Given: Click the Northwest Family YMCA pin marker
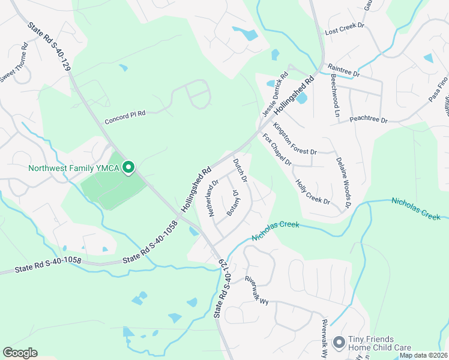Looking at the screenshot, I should [128, 168].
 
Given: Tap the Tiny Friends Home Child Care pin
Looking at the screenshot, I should [339, 342].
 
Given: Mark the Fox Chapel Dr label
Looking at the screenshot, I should [277, 150].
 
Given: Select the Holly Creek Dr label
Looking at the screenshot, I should [312, 191].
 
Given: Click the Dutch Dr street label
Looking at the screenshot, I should [240, 170].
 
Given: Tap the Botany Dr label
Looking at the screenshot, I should [233, 203].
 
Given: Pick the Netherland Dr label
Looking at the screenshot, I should [212, 197].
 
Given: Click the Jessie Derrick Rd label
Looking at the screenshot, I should [276, 95].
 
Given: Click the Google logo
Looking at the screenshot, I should [20, 353].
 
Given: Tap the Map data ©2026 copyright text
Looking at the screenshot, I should [423, 355].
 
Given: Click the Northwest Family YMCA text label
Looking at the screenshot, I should [74, 168].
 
